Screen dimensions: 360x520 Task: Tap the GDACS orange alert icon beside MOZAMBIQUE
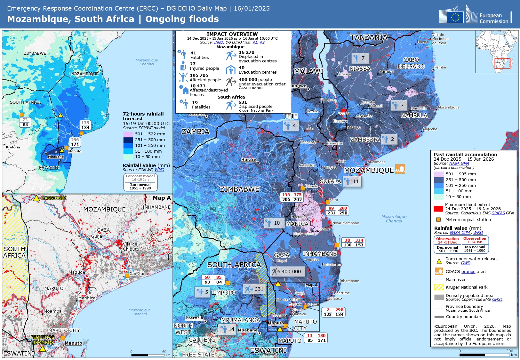pyautogui.click(x=400, y=169)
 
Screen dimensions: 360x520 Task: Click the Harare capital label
pyautogui.click(x=249, y=159)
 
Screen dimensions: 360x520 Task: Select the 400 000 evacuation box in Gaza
pyautogui.click(x=287, y=272)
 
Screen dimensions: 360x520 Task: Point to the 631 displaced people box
pyautogui.click(x=254, y=289)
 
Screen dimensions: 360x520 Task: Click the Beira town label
pyautogui.click(x=333, y=200)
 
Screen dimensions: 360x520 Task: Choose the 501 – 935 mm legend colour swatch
pyautogui.click(x=438, y=174)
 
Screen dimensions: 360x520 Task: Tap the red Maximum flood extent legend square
pyautogui.click(x=438, y=209)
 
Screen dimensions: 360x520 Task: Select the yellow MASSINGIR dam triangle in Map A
pyautogui.click(x=36, y=198)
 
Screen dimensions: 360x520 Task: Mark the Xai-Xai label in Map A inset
pyautogui.click(x=137, y=273)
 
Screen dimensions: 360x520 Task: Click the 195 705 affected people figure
pyautogui.click(x=199, y=75)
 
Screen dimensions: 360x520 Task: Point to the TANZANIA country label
pyautogui.click(x=369, y=37)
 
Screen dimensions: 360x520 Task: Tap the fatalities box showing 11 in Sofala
pyautogui.click(x=352, y=181)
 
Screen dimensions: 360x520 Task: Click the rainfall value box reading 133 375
pyautogui.click(x=292, y=197)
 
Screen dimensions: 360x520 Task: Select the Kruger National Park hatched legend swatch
pyautogui.click(x=439, y=287)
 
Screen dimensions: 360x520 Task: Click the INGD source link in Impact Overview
pyautogui.click(x=219, y=42)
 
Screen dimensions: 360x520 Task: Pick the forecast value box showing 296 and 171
pyautogui.click(x=75, y=142)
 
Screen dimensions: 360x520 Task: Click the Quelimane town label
pyautogui.click(x=376, y=162)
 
